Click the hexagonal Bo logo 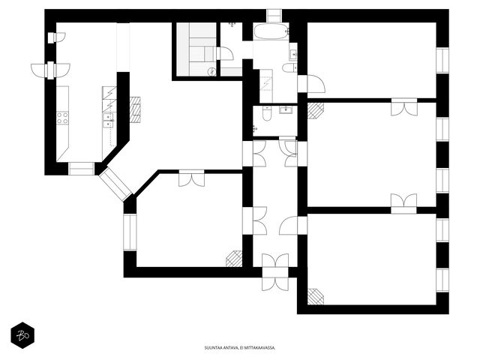click(22, 335)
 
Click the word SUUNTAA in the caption click(211, 348)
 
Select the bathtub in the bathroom click(271, 31)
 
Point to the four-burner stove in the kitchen click(62, 118)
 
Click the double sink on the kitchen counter click(108, 120)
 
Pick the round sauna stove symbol click(211, 72)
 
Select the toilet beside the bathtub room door click(289, 67)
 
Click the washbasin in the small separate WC click(287, 109)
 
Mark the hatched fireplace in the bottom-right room click(315, 297)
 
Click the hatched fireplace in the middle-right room click(315, 110)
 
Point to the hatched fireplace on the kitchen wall click(135, 109)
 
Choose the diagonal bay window click(115, 184)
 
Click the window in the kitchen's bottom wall click(81, 169)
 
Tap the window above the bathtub click(274, 16)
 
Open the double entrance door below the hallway click(275, 272)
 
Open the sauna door click(224, 54)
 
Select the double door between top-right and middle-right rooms click(404, 106)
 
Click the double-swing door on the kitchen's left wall click(50, 70)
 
